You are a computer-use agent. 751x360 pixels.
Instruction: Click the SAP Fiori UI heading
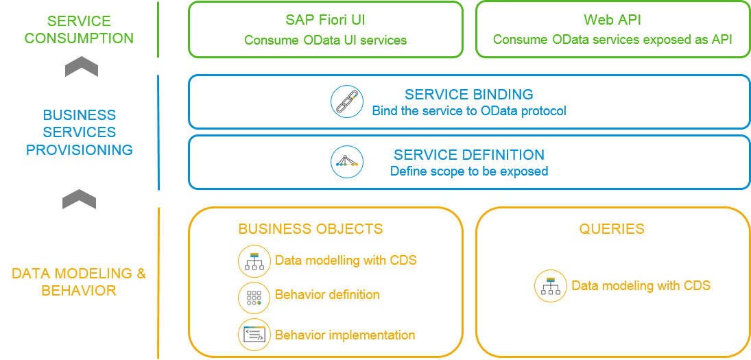pos(325,20)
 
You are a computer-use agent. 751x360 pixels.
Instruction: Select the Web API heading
pos(612,20)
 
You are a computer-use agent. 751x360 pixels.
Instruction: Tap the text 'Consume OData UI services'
pos(325,40)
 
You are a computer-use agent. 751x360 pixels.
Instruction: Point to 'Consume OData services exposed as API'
pos(612,40)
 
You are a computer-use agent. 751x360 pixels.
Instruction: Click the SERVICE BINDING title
pos(468,95)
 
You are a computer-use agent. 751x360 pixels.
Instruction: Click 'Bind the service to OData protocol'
pos(468,110)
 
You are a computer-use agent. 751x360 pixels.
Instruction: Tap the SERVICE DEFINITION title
pos(468,155)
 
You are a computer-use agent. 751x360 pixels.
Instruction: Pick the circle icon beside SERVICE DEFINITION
pos(347,163)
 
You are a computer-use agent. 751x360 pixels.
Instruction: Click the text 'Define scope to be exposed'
pos(468,171)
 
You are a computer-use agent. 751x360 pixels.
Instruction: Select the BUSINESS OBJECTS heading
pos(310,229)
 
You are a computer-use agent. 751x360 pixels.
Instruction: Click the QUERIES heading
pos(611,229)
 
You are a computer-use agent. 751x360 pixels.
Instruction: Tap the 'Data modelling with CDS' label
pos(346,261)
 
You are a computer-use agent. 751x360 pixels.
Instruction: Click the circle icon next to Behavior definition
pos(254,298)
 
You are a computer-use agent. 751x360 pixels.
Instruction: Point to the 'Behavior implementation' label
pos(345,335)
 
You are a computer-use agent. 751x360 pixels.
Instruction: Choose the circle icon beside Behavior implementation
pos(254,335)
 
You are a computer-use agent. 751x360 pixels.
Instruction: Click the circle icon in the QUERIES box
pos(551,285)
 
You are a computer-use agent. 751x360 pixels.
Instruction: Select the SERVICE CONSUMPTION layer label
pos(79,29)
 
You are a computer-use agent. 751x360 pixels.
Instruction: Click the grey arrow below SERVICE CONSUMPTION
pos(81,69)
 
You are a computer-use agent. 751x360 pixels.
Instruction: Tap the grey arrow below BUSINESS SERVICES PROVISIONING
pos(79,200)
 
